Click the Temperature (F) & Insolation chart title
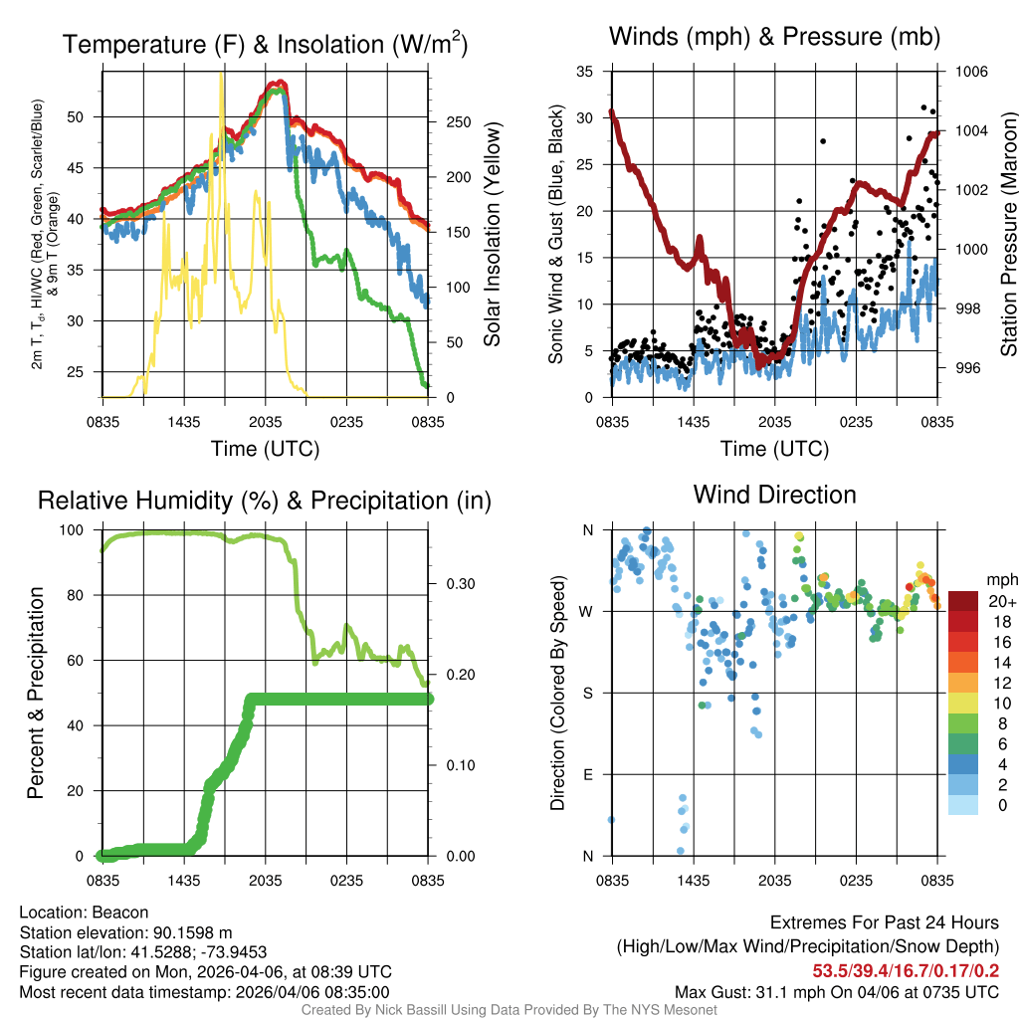[265, 45]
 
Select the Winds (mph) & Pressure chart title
[774, 38]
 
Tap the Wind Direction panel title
[774, 495]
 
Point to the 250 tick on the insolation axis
[458, 122]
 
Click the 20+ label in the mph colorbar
[1001, 602]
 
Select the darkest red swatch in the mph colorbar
[963, 602]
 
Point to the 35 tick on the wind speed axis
[585, 72]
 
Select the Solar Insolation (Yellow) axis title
[493, 234]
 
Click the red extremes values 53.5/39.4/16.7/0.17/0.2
[906, 971]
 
